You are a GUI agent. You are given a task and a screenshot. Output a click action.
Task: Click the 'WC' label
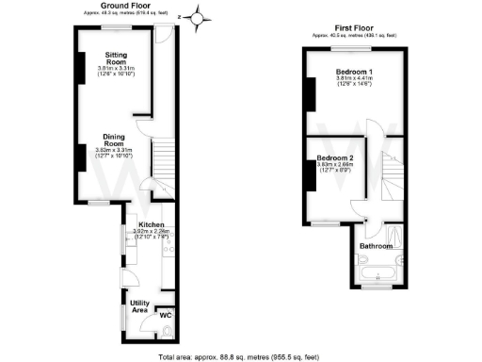tap(164, 314)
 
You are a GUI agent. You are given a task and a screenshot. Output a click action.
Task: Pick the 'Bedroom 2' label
tap(335, 156)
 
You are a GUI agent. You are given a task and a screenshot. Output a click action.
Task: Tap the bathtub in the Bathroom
tap(379, 274)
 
